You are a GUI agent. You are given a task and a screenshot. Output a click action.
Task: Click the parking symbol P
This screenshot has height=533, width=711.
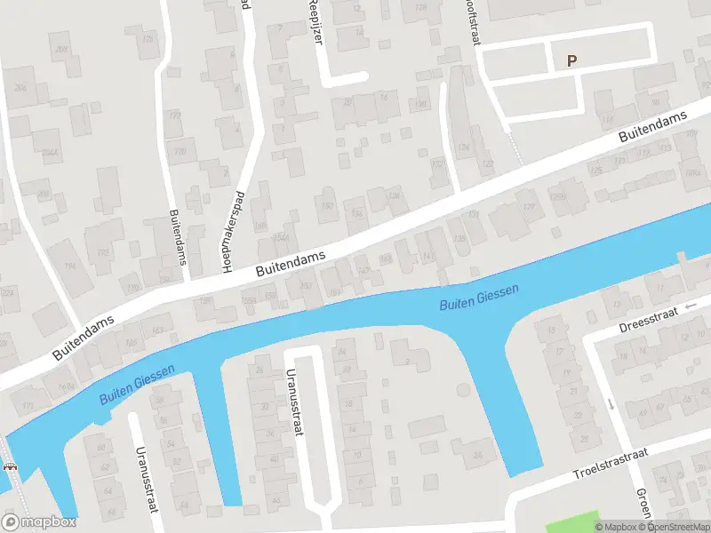pos(572,61)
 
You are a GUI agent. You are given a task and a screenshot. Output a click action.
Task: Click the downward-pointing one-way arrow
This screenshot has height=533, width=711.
pos(611,404)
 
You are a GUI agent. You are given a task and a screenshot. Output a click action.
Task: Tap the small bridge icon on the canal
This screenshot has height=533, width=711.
pos(11,468)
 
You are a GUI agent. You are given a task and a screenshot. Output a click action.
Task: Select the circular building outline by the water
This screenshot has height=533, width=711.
pos(461,389)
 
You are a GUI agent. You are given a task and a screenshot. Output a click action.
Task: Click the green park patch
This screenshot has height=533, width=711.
pos(569,524)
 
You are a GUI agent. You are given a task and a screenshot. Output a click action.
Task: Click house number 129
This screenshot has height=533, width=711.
pos(531,207)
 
